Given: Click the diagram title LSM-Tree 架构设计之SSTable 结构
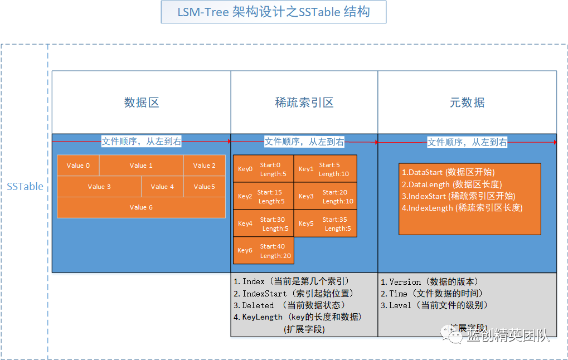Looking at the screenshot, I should tap(273, 12).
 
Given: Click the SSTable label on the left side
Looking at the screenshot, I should tap(25, 187).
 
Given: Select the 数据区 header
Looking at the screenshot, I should tap(142, 103).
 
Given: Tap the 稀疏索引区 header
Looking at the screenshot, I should tap(304, 103).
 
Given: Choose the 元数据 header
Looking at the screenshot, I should tap(467, 103).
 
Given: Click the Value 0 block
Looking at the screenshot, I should tap(78, 166).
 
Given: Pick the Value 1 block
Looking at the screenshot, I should tap(141, 166).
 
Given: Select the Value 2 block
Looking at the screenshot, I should tap(204, 166).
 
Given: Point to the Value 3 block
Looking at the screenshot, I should tap(99, 187).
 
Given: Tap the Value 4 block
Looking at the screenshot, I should tap(162, 187).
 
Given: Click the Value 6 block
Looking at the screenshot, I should tap(141, 207).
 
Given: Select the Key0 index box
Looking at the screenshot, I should tap(263, 169).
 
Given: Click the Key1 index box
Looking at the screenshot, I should tap(325, 169).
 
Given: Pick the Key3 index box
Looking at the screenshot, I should tap(325, 196).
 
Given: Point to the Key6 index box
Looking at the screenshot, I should tap(263, 250).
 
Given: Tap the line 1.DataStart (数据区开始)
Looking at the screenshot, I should tap(448, 172).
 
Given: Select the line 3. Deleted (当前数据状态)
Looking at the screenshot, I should tap(289, 305).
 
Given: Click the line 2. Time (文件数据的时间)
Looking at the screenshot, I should tap(431, 294).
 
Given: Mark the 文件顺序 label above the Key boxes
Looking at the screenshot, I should tap(304, 142).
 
